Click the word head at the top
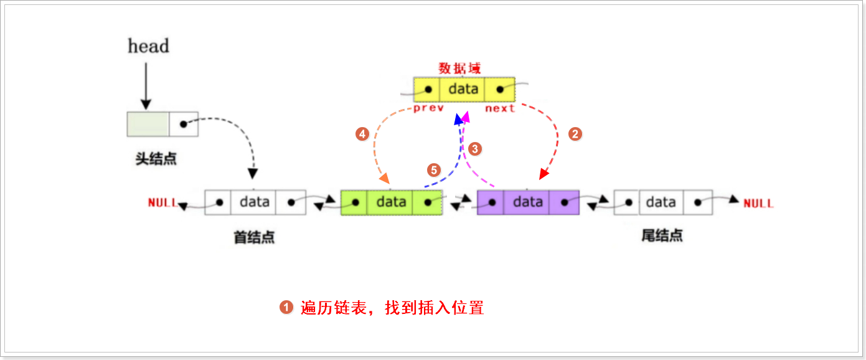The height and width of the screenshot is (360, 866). pos(148,46)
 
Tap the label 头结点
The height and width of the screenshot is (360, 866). pos(156,159)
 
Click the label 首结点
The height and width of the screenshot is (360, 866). pos(254,237)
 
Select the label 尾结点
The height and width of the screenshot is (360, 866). pos(662,235)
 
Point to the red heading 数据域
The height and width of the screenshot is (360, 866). pos(459,68)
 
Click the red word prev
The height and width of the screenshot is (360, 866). pos(429,108)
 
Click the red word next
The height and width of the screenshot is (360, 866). pos(501,108)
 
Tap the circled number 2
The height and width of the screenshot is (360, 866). pos(576,133)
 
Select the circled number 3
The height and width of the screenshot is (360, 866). pos(475,149)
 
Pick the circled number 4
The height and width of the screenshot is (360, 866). pos(362,133)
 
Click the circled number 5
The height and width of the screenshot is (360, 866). pos(434,169)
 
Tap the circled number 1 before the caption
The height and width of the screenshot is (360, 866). pos(286,308)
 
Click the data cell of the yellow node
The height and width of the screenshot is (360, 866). pos(463,89)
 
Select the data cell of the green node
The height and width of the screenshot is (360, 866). pos(391,202)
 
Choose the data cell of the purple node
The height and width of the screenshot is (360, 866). pos(527,202)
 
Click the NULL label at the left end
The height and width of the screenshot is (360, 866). pos(162,203)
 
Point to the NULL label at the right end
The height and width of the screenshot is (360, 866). pos(758,203)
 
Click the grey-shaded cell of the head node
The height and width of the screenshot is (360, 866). pos(148,124)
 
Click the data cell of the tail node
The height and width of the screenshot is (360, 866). pos(661,202)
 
